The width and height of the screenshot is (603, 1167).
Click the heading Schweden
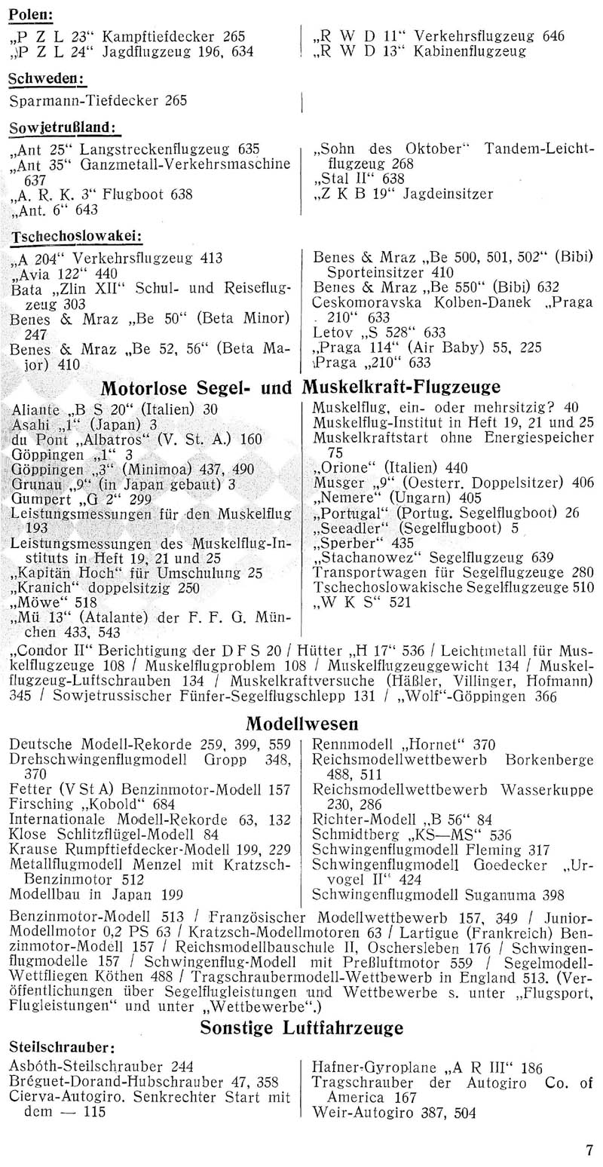[x=47, y=81]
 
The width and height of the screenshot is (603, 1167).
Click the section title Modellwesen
[x=302, y=724]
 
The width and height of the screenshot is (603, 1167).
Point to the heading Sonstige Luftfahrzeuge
[x=301, y=1027]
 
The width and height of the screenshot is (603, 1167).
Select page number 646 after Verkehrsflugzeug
[x=554, y=35]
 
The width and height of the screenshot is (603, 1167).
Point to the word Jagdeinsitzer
[x=448, y=194]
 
